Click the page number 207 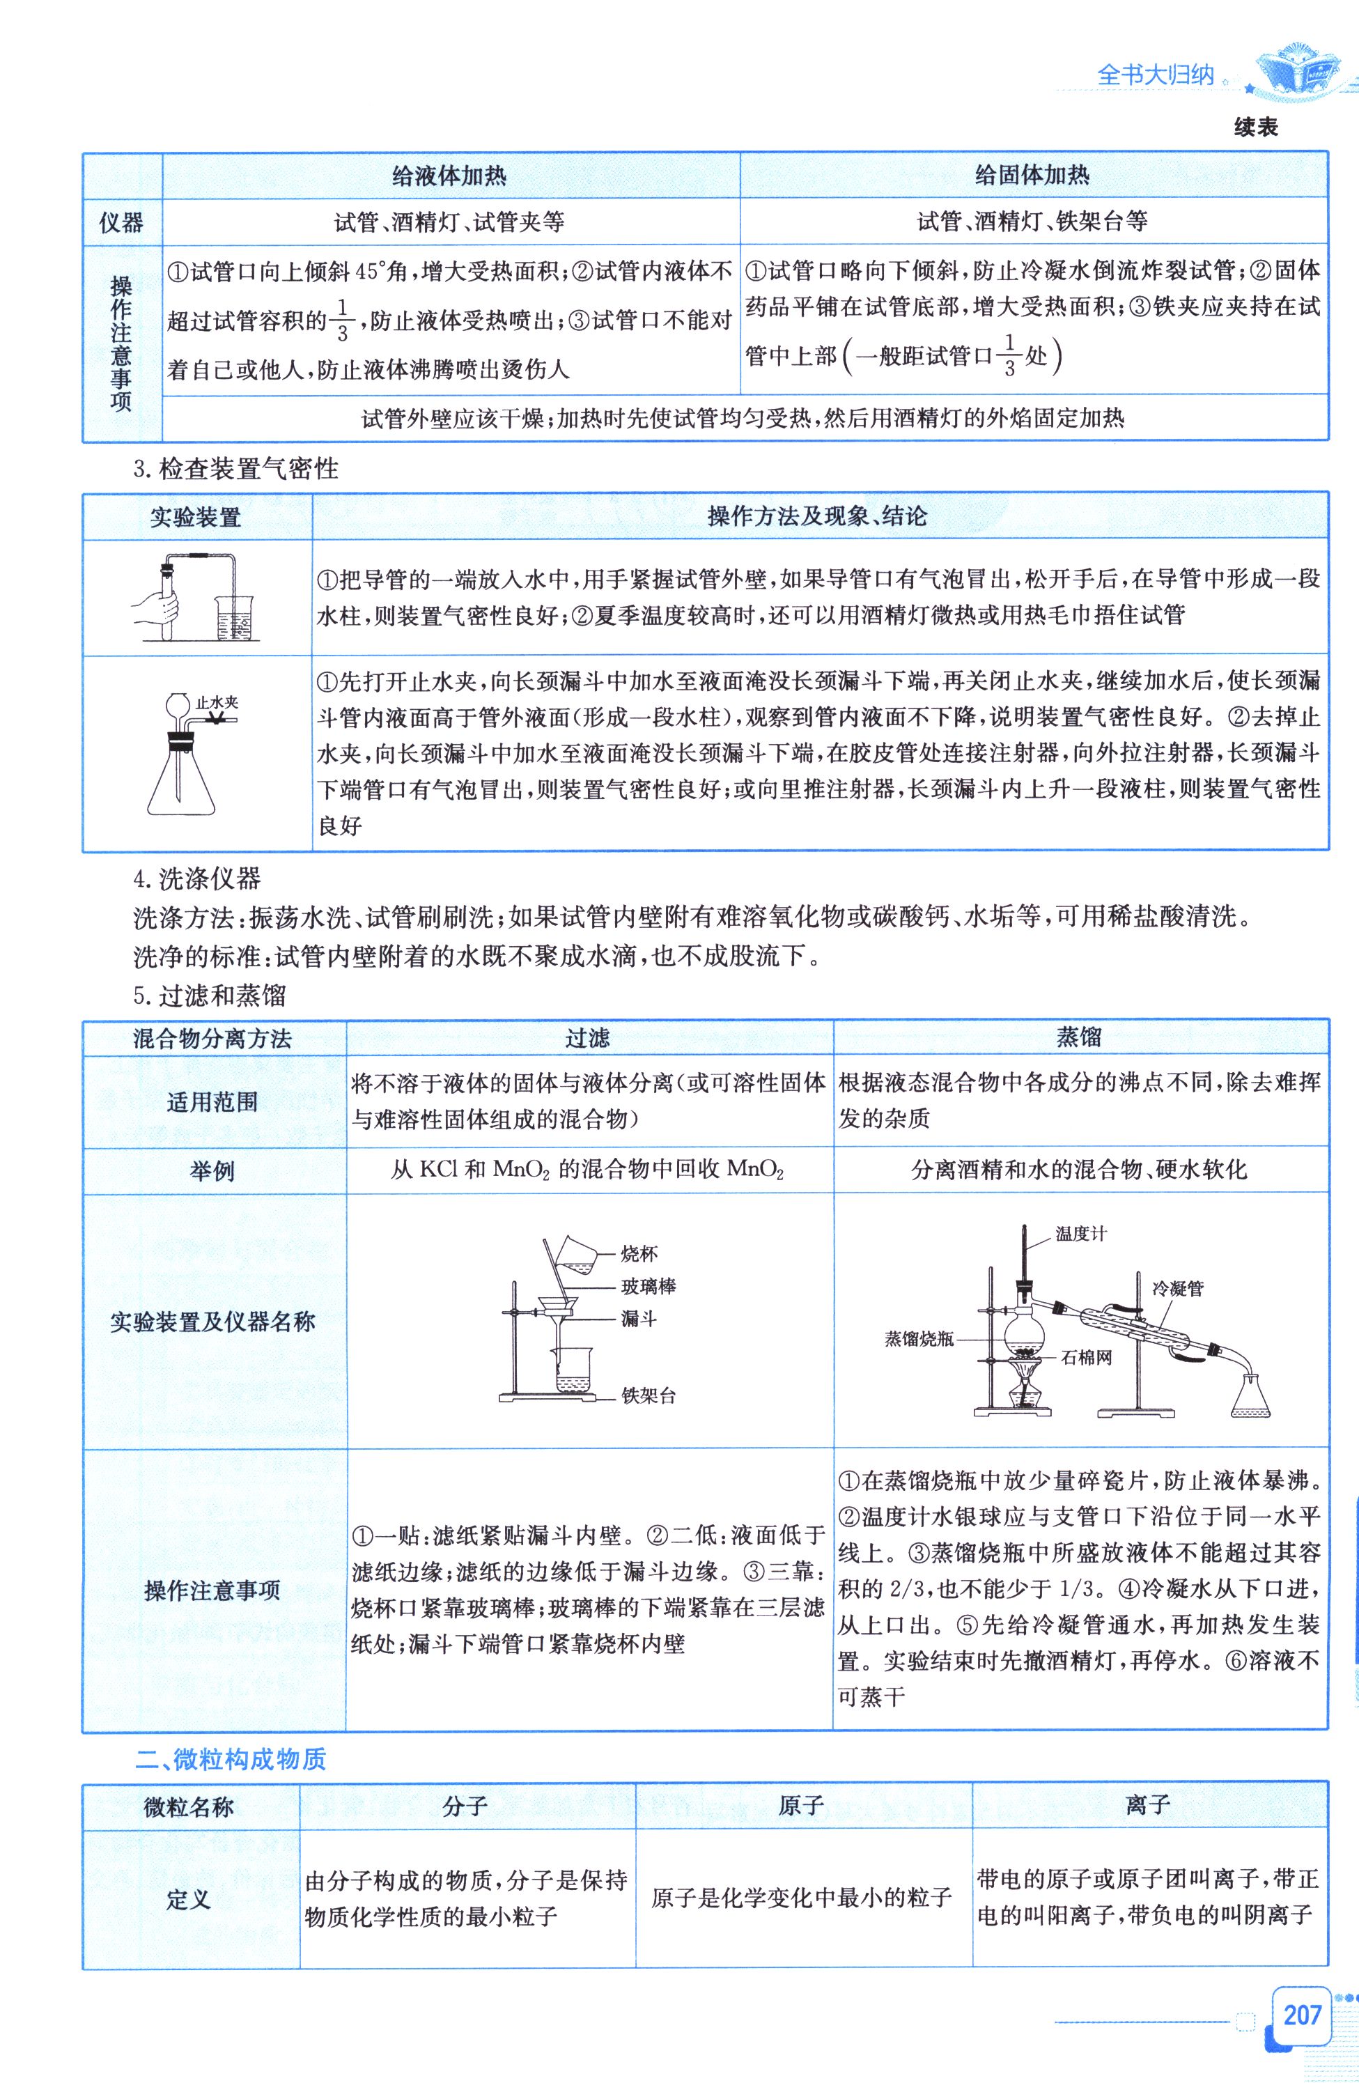1301,2015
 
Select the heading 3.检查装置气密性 235,469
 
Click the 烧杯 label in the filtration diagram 639,1254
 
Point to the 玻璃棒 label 649,1287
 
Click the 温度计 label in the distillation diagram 1081,1233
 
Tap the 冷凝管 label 1177,1288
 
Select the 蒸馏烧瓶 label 919,1338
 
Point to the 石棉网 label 1087,1358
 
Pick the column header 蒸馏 1079,1038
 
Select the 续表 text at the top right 1256,127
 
